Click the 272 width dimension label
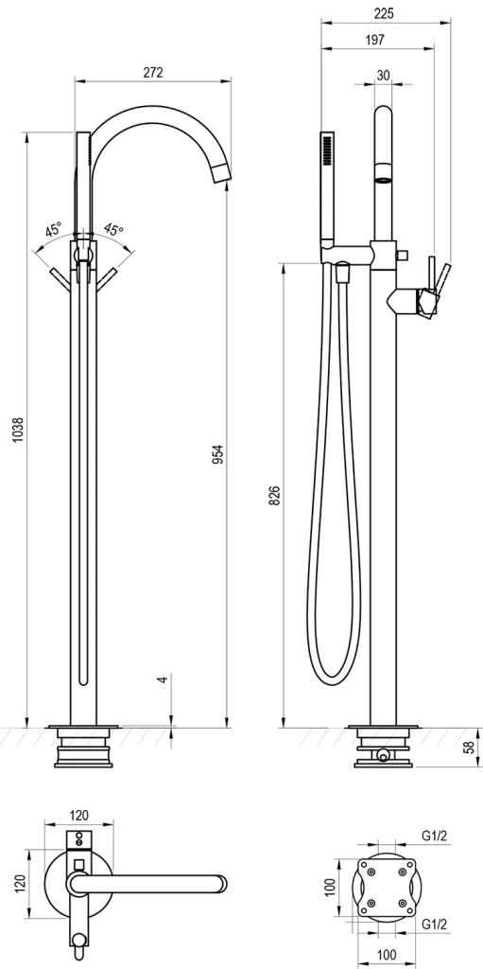point(152,72)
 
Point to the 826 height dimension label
point(275,496)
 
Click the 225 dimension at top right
point(384,13)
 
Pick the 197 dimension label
point(375,40)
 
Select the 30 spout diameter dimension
point(383,76)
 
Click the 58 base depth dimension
point(471,747)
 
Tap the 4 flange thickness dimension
point(163,678)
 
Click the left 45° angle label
point(54,231)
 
